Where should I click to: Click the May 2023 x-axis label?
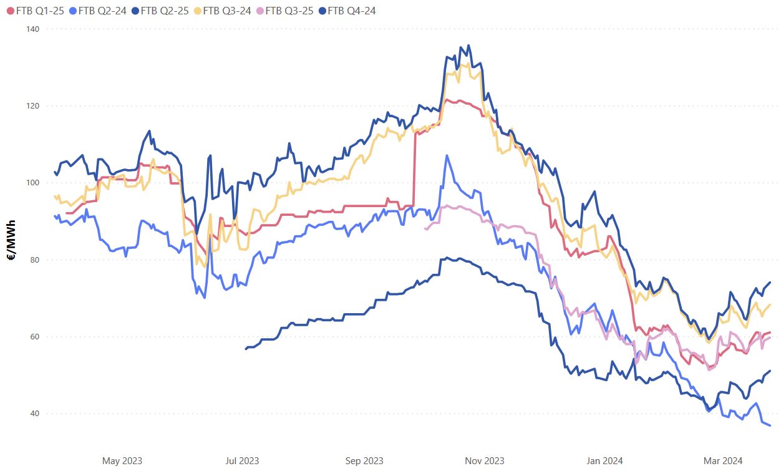(x=122, y=461)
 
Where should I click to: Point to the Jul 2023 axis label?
(x=241, y=461)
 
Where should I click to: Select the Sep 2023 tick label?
(x=364, y=461)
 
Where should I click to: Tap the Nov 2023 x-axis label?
(x=485, y=461)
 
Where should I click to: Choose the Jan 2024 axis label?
(x=604, y=461)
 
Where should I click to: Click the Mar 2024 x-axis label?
(x=723, y=461)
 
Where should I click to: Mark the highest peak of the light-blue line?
(x=447, y=155)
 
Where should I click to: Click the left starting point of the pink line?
(x=425, y=229)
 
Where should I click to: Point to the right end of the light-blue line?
(x=770, y=425)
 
